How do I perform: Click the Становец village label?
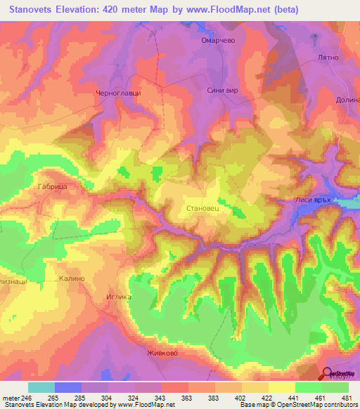[x=206, y=208]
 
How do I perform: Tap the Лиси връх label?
[x=314, y=200]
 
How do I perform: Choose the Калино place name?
[x=72, y=278]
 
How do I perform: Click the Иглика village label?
[x=118, y=297]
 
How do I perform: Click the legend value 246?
[x=28, y=397]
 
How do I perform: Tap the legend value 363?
[x=187, y=397]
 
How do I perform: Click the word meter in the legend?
[x=11, y=397]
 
